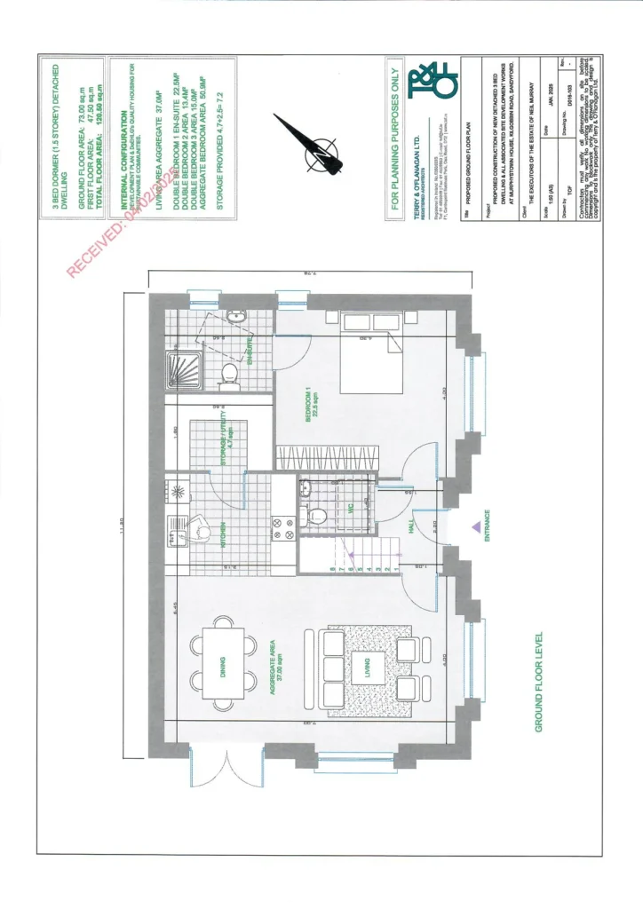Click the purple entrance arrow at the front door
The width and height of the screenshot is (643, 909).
476,527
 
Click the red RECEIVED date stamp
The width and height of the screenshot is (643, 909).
124,218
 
